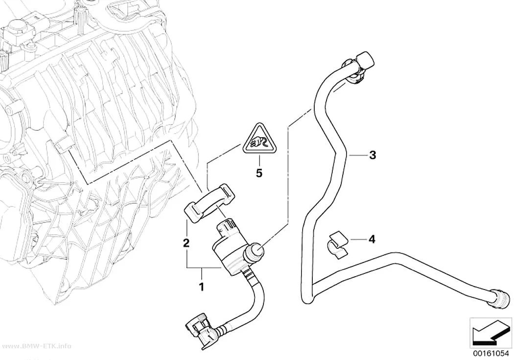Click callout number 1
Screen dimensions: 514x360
pyautogui.click(x=202, y=287)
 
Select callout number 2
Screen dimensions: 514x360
pyautogui.click(x=186, y=243)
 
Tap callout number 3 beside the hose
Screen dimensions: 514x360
pyautogui.click(x=373, y=155)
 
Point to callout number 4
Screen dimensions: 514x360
pyautogui.click(x=372, y=240)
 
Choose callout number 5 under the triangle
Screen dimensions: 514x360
pyautogui.click(x=259, y=173)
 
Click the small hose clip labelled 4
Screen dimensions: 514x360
pyautogui.click(x=337, y=245)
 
